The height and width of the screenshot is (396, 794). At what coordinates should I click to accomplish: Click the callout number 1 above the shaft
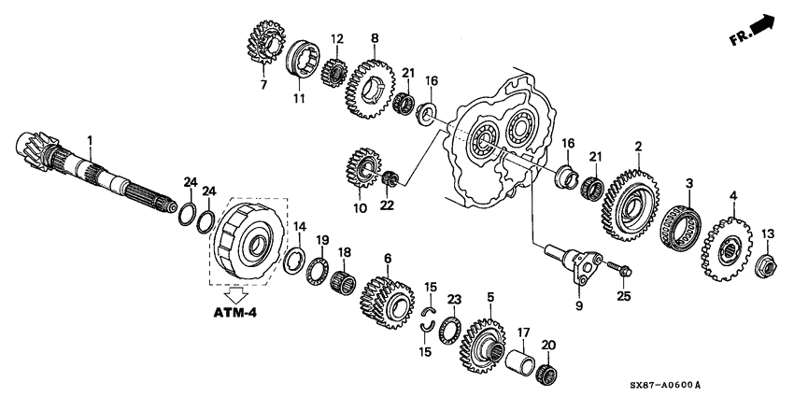(x=91, y=140)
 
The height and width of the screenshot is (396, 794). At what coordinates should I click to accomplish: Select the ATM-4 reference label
(x=233, y=311)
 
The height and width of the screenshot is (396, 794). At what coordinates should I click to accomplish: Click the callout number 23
(x=454, y=299)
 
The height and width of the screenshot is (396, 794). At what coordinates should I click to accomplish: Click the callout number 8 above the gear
(x=375, y=38)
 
